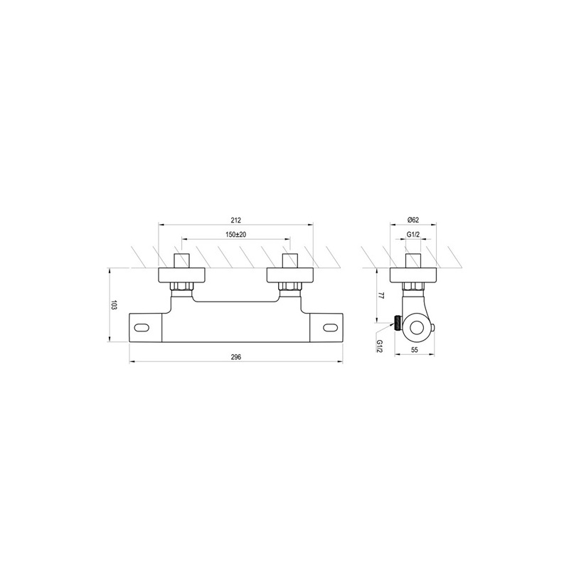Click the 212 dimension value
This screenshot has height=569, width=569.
click(236, 220)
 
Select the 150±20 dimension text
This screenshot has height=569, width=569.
click(236, 235)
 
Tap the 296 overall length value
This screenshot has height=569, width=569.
click(236, 357)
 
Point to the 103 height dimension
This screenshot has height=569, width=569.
click(114, 304)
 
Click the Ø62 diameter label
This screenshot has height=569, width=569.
click(413, 220)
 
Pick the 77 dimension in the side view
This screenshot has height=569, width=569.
click(381, 294)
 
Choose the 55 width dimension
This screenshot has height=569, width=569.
click(415, 350)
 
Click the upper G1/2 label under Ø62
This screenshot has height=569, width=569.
click(413, 235)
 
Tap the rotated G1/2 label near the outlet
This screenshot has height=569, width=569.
click(380, 346)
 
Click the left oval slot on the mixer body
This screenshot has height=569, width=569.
click(142, 328)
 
